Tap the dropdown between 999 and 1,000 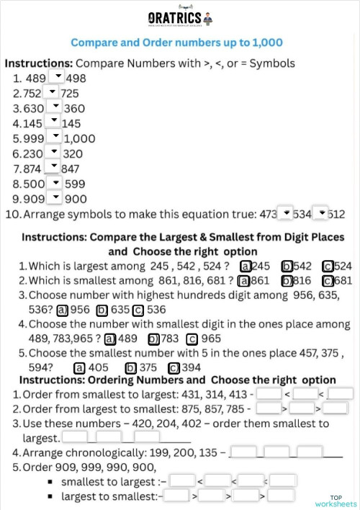point(56,137)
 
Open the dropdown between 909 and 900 point(56,197)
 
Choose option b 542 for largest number point(287,265)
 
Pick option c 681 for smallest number point(328,280)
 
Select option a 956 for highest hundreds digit point(62,310)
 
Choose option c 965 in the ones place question point(192,339)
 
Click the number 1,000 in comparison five point(80,138)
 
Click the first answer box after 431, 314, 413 point(269,394)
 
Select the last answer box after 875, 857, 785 point(336,408)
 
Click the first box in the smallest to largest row point(182,480)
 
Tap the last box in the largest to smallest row point(283,496)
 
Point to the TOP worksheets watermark point(336,501)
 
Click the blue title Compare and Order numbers point(176,43)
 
